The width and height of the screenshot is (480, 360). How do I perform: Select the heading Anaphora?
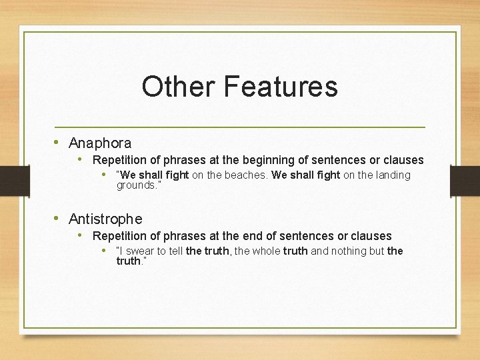pyautogui.click(x=100, y=143)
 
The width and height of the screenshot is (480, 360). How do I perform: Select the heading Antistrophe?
pyautogui.click(x=105, y=219)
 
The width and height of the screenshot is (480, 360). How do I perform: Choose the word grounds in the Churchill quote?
pyautogui.click(x=136, y=185)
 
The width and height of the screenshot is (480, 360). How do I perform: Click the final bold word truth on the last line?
pyautogui.click(x=129, y=261)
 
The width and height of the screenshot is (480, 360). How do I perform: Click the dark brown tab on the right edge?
pyautogui.click(x=465, y=181)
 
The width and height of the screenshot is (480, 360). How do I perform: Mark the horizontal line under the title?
pyautogui.click(x=240, y=127)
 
